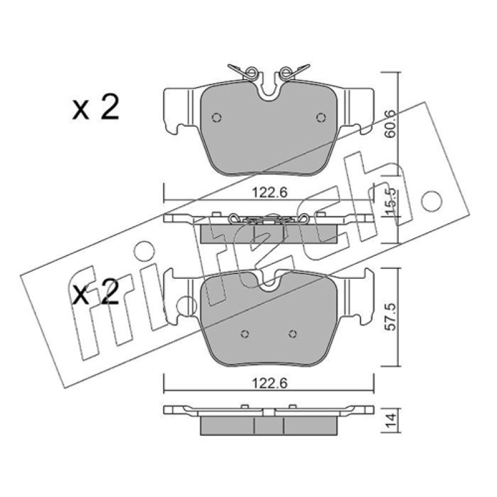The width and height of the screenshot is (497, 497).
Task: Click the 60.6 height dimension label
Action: [390, 124]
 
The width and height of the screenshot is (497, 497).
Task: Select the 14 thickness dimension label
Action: [391, 421]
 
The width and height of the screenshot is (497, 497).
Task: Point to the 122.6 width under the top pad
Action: [270, 192]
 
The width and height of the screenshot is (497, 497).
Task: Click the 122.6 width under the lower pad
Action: [270, 383]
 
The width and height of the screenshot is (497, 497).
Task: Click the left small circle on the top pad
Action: [216, 117]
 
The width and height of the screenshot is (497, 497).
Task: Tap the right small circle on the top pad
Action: [321, 117]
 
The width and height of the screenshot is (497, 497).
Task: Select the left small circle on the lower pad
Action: [245, 334]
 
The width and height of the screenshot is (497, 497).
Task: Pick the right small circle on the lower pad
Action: [293, 334]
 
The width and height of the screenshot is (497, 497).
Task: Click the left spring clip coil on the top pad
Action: [251, 73]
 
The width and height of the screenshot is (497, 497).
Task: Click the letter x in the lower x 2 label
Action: [81, 296]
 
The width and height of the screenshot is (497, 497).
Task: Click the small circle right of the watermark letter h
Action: [431, 201]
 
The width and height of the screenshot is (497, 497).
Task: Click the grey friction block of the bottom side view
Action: [268, 426]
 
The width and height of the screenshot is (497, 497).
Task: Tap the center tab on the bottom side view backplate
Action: [268, 412]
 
